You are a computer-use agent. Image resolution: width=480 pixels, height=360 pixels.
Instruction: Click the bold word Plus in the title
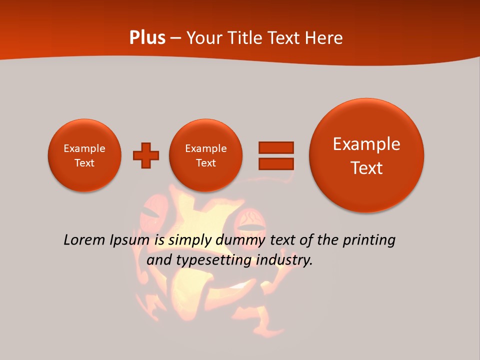click(147, 38)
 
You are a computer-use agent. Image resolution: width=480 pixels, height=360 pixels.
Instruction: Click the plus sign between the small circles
click(146, 155)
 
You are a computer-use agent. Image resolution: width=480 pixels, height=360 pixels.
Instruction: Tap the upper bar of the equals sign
click(275, 147)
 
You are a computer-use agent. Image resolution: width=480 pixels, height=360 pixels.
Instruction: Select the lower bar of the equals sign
click(275, 163)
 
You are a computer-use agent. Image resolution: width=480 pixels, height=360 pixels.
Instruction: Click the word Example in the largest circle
click(366, 144)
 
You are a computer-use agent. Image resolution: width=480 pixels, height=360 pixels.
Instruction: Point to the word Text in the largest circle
click(366, 168)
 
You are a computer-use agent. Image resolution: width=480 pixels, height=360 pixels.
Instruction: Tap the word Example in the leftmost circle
click(84, 148)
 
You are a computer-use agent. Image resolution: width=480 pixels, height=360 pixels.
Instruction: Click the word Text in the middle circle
click(206, 163)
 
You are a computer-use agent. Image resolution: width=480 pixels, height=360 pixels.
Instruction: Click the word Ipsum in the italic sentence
click(129, 240)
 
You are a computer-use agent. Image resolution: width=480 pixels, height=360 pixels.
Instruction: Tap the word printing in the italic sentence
click(368, 240)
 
